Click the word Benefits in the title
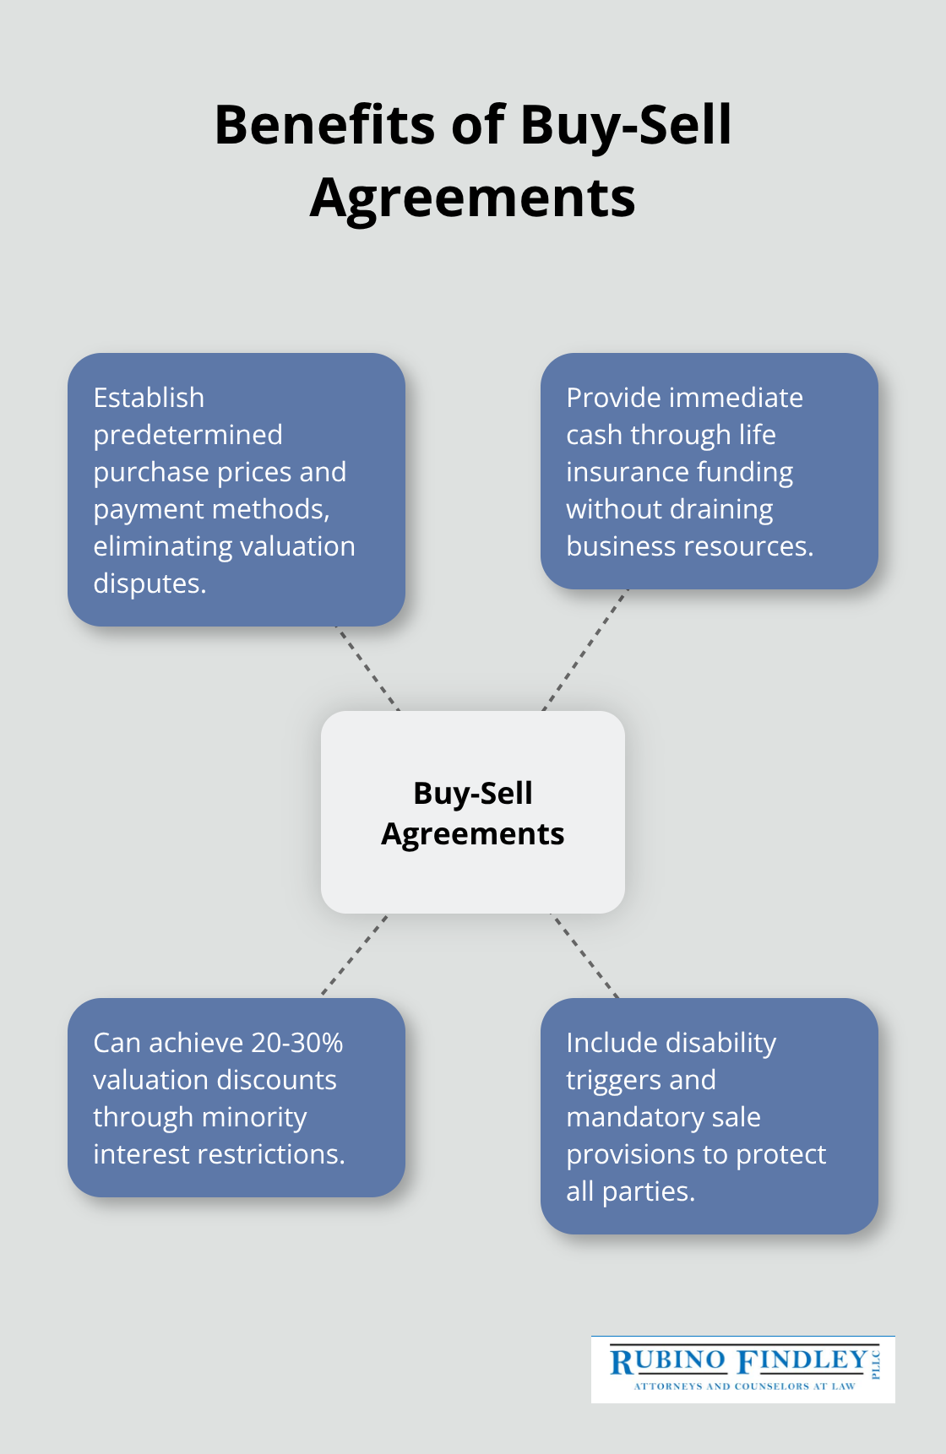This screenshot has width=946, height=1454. pos(325,125)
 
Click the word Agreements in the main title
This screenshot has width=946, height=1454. pos(472,199)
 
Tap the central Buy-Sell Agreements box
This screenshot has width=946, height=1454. pos(473,812)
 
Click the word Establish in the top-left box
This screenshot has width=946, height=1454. pos(149,398)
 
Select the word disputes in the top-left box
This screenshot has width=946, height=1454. pos(150,583)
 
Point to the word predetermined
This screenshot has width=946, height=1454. pos(188,435)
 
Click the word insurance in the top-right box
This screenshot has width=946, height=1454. pos(623,472)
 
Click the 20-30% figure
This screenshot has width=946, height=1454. pos(296,1043)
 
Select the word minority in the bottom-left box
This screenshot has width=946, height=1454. pos(253,1118)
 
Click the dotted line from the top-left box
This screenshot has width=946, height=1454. pos(367,669)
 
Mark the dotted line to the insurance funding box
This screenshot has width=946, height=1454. pos(585,650)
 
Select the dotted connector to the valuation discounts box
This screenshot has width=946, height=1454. pos(355,956)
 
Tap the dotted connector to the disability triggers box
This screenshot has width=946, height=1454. pos(584,956)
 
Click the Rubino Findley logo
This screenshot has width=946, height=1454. pos(743,1369)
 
